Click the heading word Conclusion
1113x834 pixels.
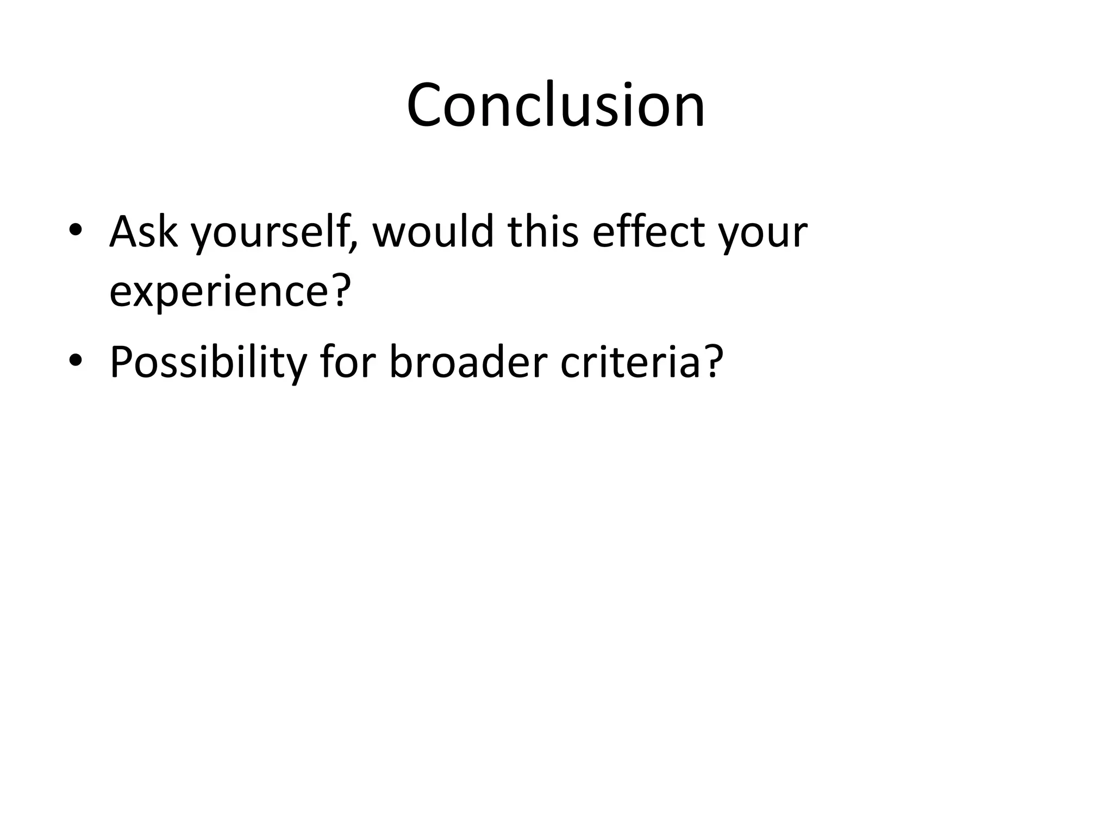click(555, 105)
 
